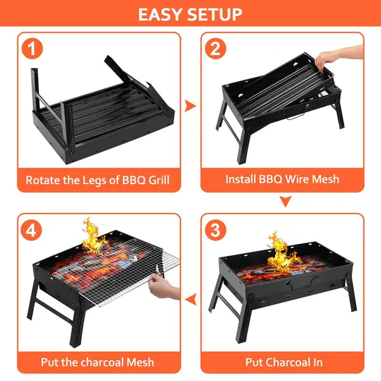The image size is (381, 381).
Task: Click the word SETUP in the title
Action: (x=216, y=14)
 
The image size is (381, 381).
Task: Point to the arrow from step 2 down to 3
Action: (x=285, y=202)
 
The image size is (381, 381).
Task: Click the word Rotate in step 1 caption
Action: (x=43, y=180)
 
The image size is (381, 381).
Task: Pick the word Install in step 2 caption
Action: (x=241, y=180)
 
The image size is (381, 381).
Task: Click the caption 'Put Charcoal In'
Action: (x=284, y=363)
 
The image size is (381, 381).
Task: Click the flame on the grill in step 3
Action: (x=281, y=254)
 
